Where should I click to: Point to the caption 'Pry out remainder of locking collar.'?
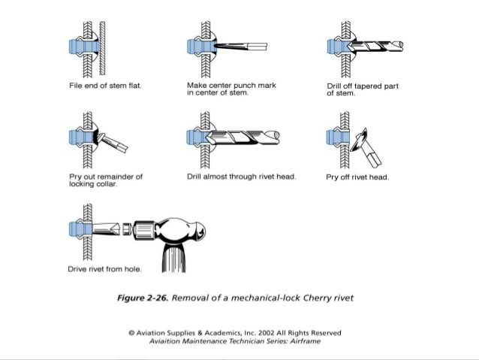click(x=105, y=180)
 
